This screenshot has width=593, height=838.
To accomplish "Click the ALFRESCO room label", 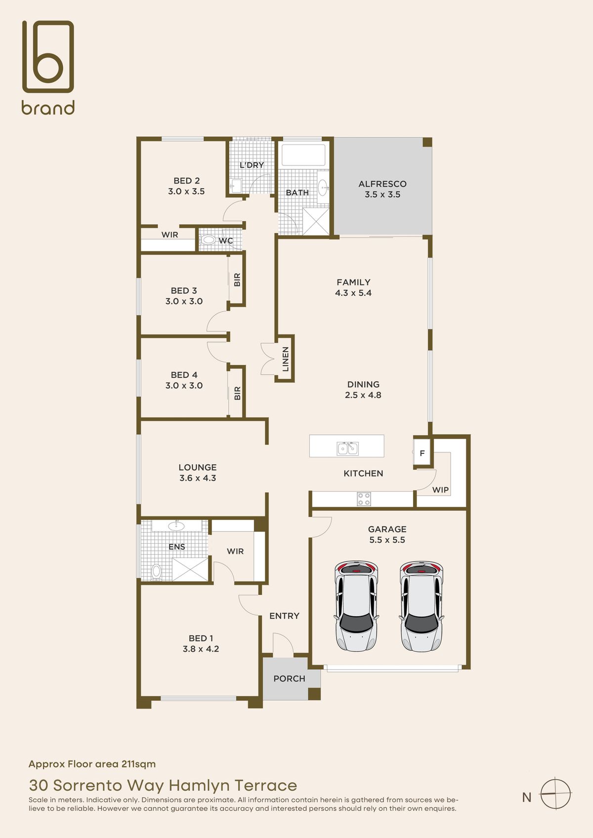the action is point(382,184).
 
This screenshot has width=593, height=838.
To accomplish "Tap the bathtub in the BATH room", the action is point(303,155).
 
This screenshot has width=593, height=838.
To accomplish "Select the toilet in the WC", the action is point(207,240).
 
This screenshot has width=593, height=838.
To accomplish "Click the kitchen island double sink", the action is point(348,448).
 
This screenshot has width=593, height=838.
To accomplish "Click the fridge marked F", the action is point(422,453).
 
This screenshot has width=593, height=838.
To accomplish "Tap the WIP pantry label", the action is point(440,490).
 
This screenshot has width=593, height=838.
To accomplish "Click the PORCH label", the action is point(290,678).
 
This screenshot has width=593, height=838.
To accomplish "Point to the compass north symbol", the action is point(556,794).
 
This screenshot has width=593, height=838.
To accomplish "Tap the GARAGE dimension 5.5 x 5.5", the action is point(387,540).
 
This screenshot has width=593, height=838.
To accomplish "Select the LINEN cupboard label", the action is point(286,359).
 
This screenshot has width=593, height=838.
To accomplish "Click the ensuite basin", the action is point(176,526).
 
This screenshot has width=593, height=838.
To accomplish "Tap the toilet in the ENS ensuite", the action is point(156,572).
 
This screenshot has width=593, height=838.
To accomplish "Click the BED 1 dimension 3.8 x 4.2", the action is point(201,649).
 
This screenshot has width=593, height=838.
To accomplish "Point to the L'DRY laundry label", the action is point(252,165).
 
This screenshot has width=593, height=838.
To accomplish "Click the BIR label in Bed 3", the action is point(237,280).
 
